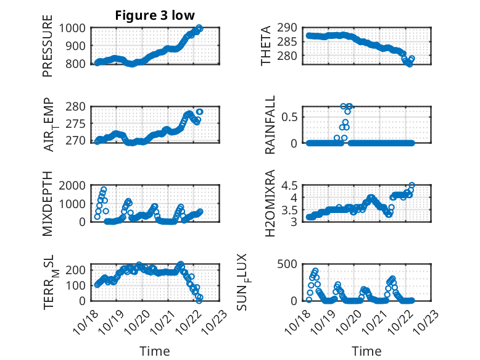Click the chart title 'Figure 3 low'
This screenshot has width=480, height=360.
coord(154,15)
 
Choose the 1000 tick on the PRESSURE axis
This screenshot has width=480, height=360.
coord(73,28)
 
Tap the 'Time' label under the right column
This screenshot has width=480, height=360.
coord(366,351)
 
